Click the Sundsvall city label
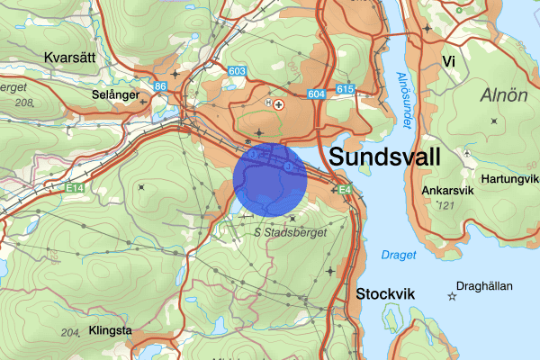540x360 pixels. pos(386,157)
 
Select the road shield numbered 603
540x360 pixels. pos(238,71)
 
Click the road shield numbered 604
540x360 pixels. pos(315,94)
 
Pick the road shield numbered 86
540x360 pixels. pos(160,86)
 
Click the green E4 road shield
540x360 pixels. pos(344,189)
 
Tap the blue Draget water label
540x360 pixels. pos(399,256)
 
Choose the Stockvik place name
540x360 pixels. pos(386,294)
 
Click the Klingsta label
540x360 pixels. pos(111,331)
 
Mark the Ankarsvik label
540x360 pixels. pos(447,191)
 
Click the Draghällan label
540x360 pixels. pos(484,287)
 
